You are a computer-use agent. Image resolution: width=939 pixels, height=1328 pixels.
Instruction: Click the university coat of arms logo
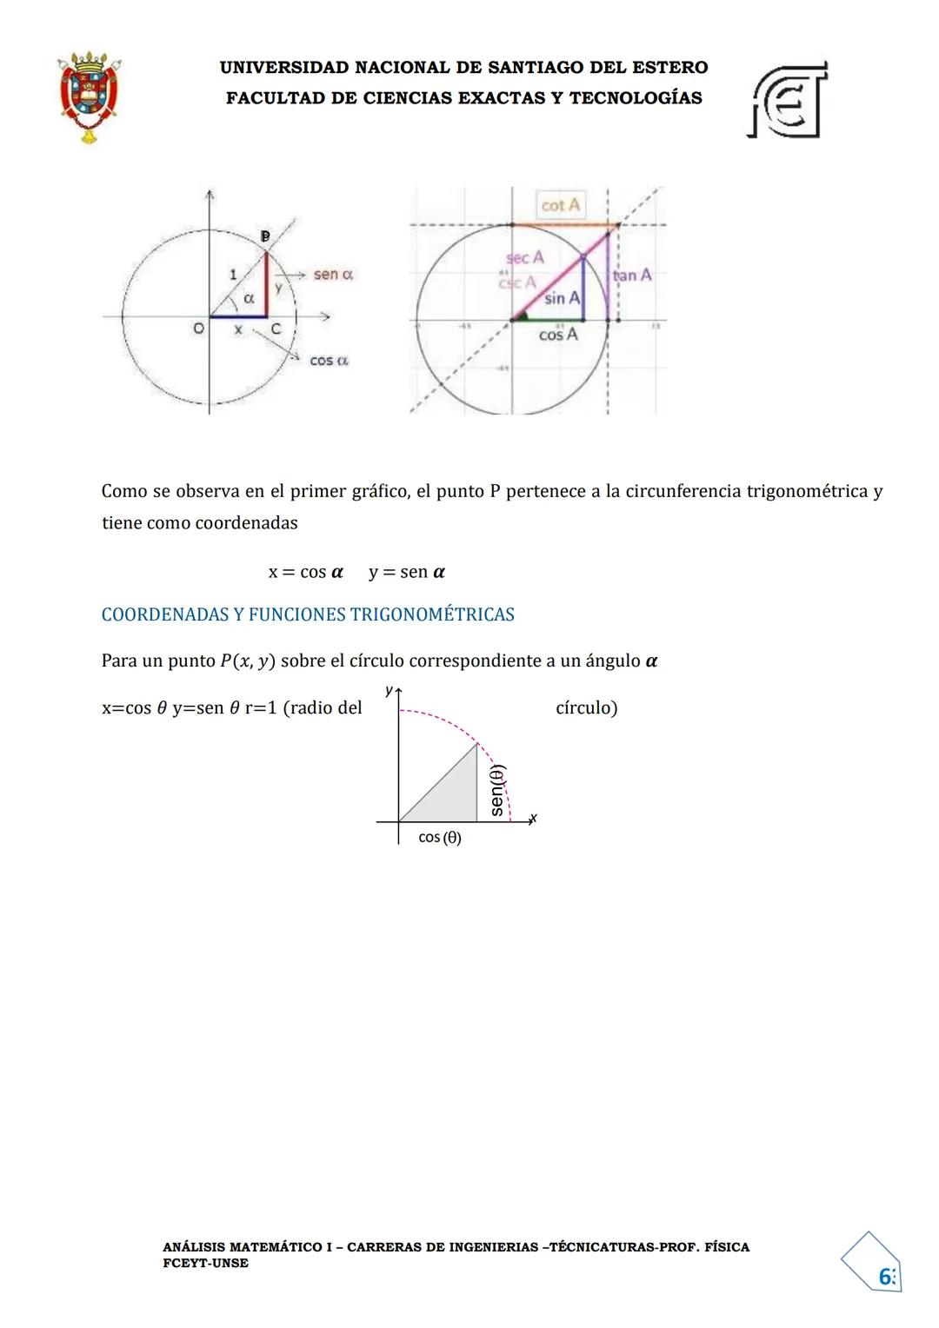tap(89, 96)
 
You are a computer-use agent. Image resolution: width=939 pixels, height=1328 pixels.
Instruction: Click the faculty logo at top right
tap(787, 100)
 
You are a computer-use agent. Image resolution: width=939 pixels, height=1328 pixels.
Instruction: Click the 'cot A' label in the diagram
tap(560, 205)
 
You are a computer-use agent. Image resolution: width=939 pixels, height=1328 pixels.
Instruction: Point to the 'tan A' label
tap(632, 276)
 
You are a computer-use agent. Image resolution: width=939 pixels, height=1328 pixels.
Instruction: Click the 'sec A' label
tap(524, 257)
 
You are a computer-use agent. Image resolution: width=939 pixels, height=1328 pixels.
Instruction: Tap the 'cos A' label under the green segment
tap(558, 335)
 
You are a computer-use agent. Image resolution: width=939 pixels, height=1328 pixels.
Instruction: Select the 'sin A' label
tap(562, 298)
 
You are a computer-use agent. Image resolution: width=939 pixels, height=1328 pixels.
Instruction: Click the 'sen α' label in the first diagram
tap(333, 275)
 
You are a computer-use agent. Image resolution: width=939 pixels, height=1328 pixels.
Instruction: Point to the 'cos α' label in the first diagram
tap(329, 360)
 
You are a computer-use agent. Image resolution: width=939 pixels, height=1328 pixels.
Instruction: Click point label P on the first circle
tap(266, 236)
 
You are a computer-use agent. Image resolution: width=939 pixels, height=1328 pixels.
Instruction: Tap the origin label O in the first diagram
tap(198, 329)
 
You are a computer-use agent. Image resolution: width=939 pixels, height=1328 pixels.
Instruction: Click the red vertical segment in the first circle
tap(266, 285)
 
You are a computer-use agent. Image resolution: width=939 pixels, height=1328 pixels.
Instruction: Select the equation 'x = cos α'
tap(305, 572)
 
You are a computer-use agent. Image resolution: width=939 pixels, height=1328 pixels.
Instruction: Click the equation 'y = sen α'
tap(407, 572)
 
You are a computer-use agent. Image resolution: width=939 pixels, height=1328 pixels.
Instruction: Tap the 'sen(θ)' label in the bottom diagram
tap(496, 790)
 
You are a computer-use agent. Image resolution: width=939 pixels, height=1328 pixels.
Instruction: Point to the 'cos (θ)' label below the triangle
tap(440, 838)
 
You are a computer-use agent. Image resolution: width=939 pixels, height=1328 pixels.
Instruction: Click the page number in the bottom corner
tap(886, 1276)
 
